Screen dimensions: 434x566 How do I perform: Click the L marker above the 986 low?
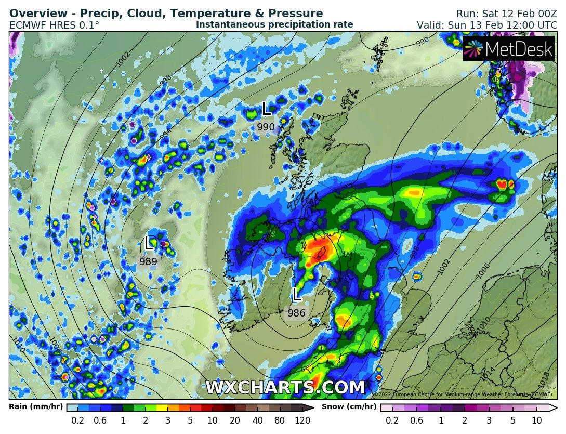point(297,294)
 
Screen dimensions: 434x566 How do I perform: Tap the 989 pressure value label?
point(148,261)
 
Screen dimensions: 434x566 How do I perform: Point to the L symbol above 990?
point(266,108)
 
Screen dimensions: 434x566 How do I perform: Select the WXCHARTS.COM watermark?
point(285,388)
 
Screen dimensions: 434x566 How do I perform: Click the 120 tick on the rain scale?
point(302,420)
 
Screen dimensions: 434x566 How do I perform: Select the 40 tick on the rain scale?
point(257,420)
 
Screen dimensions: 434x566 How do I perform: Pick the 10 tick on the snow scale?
point(537,420)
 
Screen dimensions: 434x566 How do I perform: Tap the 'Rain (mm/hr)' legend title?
point(36,407)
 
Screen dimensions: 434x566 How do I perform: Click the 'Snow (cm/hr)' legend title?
point(349,407)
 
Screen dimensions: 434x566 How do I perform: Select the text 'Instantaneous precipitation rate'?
point(274,24)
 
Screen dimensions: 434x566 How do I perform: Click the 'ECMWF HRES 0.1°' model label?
point(54,24)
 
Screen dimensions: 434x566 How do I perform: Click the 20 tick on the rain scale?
point(235,420)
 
